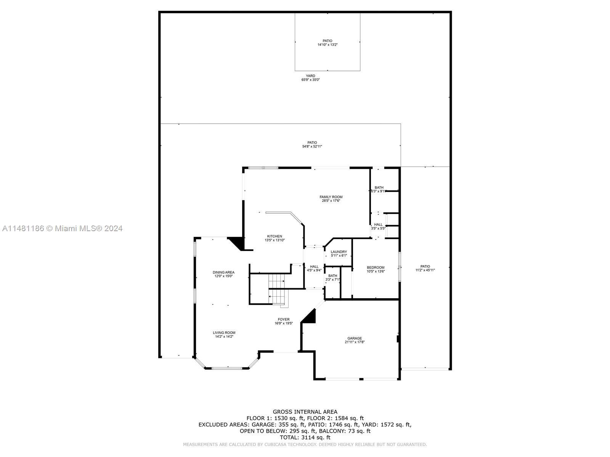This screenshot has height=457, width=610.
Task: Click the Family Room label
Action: (331, 199)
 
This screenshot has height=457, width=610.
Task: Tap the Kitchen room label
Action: (274, 238)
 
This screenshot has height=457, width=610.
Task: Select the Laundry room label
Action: (339, 254)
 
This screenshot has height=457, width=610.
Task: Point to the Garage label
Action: (355, 340)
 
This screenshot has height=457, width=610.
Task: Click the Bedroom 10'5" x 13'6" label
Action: (376, 269)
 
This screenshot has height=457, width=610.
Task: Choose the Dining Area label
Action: (223, 274)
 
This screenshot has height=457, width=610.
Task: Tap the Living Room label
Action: (224, 334)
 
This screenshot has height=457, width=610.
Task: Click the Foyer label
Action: (284, 321)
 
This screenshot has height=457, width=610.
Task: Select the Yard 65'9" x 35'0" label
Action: (310, 78)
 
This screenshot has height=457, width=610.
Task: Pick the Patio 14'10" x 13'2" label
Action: (327, 43)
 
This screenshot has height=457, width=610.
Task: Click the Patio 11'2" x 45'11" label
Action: (425, 268)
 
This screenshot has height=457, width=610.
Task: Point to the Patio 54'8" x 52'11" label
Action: (312, 144)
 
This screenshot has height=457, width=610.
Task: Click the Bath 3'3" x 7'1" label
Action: (333, 278)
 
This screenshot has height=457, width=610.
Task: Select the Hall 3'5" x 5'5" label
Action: (378, 226)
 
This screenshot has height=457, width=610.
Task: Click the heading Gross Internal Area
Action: (305, 412)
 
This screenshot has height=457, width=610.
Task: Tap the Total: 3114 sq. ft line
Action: (305, 438)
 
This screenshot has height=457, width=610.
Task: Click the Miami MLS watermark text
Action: (62, 228)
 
